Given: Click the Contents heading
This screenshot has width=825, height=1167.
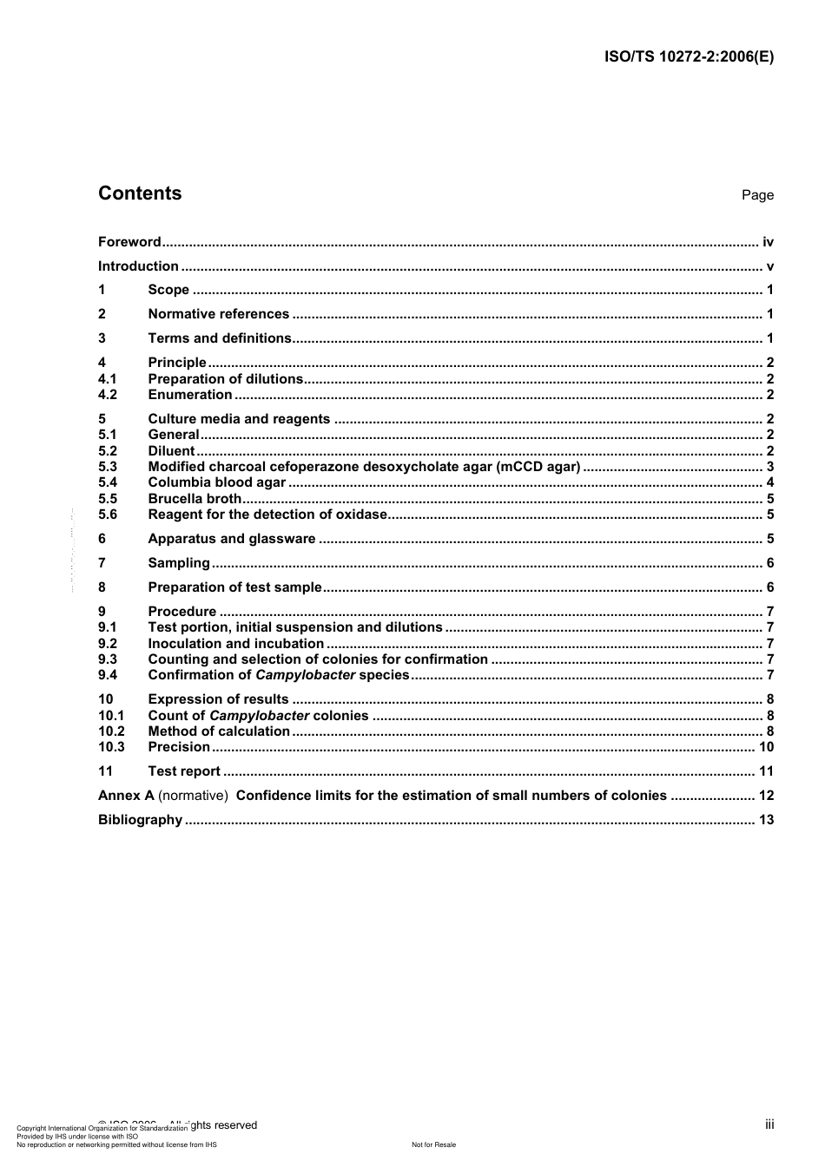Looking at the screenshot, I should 140,193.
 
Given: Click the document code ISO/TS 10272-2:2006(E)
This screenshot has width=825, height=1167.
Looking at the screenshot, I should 688,57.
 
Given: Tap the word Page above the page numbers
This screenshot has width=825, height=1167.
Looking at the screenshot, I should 757,195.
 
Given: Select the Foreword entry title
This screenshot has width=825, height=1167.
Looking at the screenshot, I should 129,242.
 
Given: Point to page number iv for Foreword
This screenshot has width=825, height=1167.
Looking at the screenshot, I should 768,242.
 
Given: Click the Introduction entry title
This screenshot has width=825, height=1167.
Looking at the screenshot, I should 138,266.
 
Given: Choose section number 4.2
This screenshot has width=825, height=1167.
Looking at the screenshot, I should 107,395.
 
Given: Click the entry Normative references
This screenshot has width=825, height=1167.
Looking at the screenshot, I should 218,314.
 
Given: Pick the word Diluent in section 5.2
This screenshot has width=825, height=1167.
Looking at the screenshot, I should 171,451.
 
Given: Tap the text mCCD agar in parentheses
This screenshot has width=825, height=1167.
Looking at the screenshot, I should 538,467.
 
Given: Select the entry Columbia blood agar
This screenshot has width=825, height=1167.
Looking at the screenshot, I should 216,482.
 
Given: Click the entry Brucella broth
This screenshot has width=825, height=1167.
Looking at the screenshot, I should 195,499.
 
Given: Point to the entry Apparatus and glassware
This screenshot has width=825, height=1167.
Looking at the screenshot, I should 231,539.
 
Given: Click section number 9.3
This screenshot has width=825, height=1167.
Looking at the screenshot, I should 107,659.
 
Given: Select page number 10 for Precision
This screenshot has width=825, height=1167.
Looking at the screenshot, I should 766,747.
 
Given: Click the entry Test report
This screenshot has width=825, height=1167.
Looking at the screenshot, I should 184,771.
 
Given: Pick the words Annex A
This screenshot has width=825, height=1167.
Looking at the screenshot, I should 126,796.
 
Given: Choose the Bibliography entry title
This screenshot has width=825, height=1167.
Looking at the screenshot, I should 140,820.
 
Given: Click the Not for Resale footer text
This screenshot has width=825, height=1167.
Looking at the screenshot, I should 433,1144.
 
